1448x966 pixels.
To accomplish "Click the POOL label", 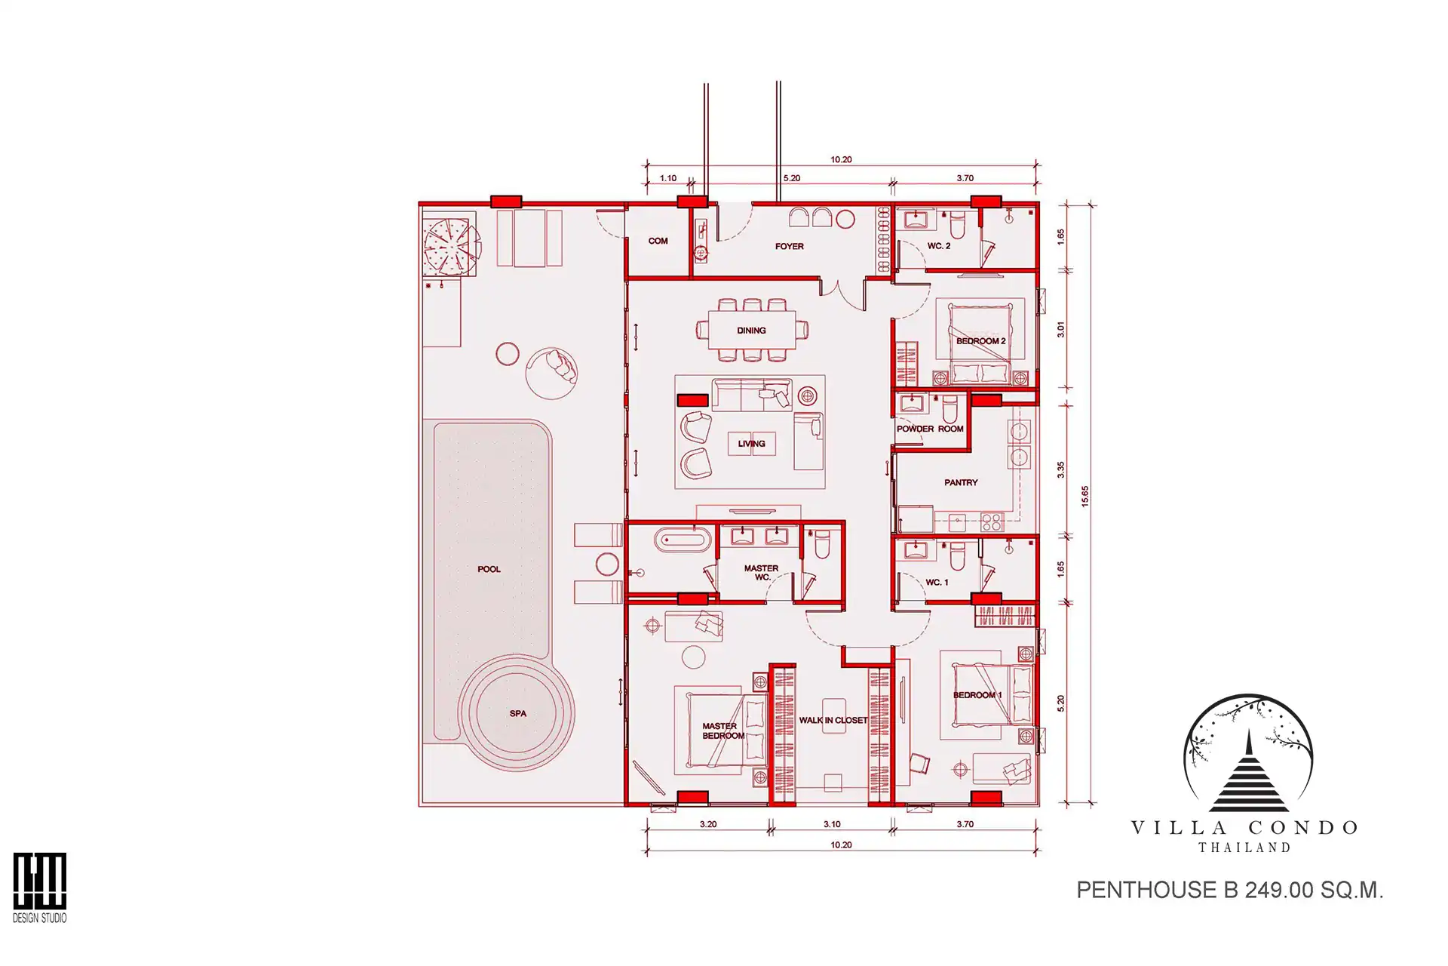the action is [x=489, y=569].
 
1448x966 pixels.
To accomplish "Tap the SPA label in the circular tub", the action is [x=517, y=713].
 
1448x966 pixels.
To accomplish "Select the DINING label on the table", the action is [x=751, y=331].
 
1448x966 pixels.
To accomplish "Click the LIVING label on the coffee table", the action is [x=751, y=444].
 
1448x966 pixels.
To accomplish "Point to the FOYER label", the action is [x=789, y=246].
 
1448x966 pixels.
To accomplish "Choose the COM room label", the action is [x=658, y=241].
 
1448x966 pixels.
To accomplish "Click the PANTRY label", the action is [x=961, y=482].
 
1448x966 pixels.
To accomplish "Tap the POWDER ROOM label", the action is [x=930, y=429].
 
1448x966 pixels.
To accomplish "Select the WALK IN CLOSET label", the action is [x=833, y=720].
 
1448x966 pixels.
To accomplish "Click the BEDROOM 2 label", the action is [x=980, y=341].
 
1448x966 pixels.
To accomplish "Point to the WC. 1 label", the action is [x=937, y=583].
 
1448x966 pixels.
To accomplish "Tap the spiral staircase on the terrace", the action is [x=451, y=246].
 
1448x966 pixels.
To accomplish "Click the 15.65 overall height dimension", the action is [x=1084, y=496].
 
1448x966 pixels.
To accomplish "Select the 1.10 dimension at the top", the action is [x=667, y=178].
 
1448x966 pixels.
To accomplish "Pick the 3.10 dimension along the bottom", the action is [x=832, y=824].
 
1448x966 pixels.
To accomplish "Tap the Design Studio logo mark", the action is [x=39, y=881].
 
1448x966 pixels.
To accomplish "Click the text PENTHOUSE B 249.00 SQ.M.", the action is [x=1229, y=891].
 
